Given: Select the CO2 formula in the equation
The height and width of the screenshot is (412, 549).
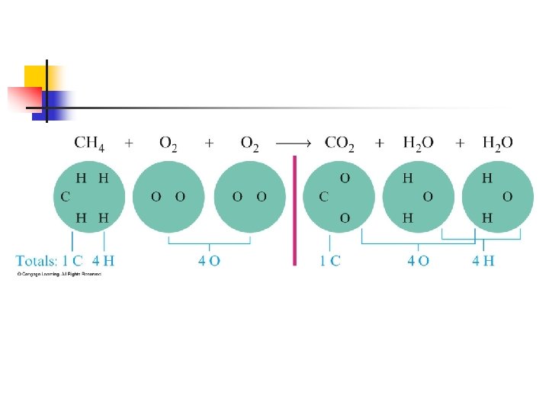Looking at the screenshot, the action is [339, 143].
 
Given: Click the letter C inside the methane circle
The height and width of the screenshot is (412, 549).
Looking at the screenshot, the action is [66, 197].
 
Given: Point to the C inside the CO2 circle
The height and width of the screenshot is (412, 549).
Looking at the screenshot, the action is [324, 197].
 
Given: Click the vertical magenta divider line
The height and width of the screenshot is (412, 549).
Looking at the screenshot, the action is [294, 210].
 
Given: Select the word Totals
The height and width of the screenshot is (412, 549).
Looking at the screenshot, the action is [37, 260].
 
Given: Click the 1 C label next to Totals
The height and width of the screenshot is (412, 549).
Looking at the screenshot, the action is [72, 260].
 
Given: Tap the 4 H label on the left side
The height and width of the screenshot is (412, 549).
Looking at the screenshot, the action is [104, 260].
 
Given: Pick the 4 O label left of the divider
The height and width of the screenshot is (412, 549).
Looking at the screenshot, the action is [209, 260].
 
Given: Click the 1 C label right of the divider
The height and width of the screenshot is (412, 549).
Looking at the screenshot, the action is [330, 260].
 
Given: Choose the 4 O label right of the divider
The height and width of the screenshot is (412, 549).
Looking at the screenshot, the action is [418, 260].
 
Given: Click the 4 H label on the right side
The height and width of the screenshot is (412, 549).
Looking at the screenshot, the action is [483, 260].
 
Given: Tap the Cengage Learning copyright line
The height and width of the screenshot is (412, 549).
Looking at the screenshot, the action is [59, 273].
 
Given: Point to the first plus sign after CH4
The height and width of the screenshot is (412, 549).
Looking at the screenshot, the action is [129, 143].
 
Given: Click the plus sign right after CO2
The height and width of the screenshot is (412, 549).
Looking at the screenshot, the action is [380, 143].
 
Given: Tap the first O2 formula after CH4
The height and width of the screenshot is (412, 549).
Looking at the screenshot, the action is [169, 143].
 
